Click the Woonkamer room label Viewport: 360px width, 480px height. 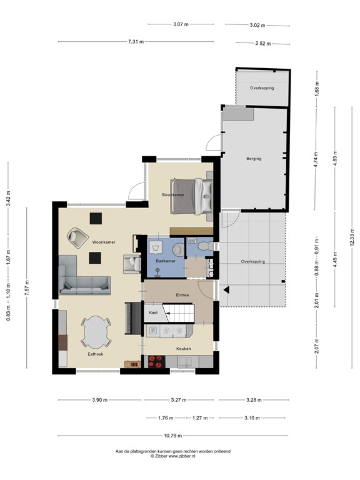pyautogui.click(x=104, y=242)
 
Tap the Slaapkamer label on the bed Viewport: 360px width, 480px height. pyautogui.click(x=173, y=195)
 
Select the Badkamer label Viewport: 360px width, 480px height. pyautogui.click(x=166, y=261)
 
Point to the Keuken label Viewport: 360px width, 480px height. pyautogui.click(x=184, y=349)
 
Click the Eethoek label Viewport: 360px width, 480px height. pyautogui.click(x=96, y=354)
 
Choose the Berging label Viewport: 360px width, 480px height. pyautogui.click(x=254, y=159)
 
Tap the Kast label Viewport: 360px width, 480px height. pyautogui.click(x=153, y=312)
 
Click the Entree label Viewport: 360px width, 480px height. pyautogui.click(x=182, y=295)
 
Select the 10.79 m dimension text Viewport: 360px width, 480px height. pyautogui.click(x=172, y=436)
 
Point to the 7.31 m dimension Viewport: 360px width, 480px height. pyautogui.click(x=136, y=42)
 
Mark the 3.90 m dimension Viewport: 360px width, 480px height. pyautogui.click(x=100, y=400)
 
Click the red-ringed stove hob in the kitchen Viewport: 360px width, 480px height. pyautogui.click(x=156, y=361)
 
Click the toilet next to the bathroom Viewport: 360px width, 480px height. pyautogui.click(x=205, y=246)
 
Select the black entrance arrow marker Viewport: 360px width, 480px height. pyautogui.click(x=226, y=289)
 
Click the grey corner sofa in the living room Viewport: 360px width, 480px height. pyautogui.click(x=84, y=275)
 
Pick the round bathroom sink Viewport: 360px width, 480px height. pyautogui.click(x=178, y=249)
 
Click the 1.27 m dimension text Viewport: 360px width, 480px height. pyautogui.click(x=200, y=418)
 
